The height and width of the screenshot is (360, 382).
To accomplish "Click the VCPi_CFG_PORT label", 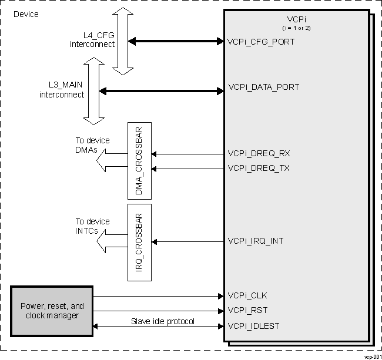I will pos(260,42).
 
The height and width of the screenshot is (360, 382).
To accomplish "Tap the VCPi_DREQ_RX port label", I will pos(259,154).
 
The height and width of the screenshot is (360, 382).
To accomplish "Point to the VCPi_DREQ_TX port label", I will pos(259,169).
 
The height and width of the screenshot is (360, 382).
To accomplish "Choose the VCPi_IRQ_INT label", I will pos(256,241).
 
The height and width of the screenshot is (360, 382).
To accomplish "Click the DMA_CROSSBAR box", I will pos(139,159).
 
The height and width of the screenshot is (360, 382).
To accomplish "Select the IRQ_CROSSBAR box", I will pos(139,241).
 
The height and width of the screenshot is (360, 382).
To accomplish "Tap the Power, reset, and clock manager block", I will pos(52,311).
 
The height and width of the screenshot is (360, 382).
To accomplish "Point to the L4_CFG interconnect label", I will pos(92,39).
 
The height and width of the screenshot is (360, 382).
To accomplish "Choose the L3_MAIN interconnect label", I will pos(62,90).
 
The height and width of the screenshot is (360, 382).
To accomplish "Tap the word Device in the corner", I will pos(26,14).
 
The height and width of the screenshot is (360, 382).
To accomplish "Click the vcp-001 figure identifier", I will pos(372,356).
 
